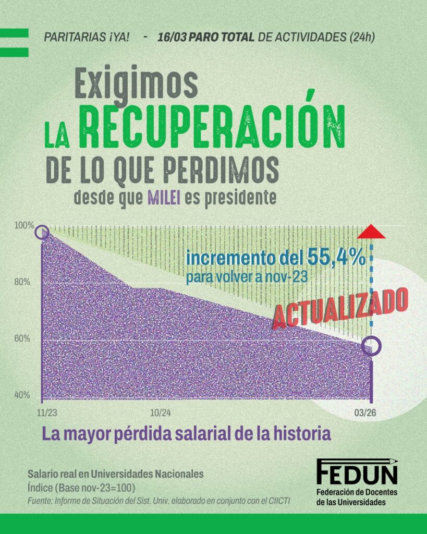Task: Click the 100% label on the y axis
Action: pos(24,226)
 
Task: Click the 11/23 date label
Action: pos(47,412)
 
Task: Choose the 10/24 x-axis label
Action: pos(161,412)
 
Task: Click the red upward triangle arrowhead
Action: pos(371,233)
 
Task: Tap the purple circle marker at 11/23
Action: pos(43,233)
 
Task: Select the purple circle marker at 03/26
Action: pos(371,346)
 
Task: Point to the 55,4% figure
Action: pos(335,258)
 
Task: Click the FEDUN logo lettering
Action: pos(357,473)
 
